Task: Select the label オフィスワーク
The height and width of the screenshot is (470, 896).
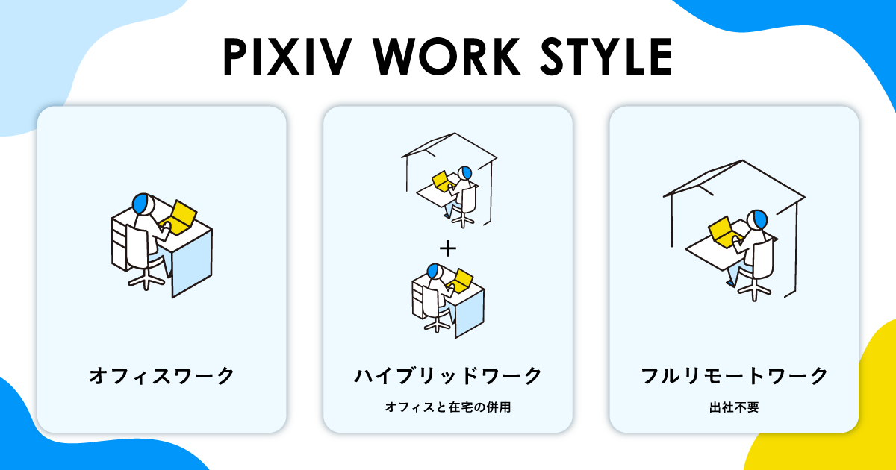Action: coord(161,375)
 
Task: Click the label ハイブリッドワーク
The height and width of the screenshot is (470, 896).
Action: coord(448,375)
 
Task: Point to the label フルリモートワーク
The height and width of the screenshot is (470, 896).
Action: coord(735,375)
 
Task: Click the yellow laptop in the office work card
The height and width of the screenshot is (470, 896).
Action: coord(181,216)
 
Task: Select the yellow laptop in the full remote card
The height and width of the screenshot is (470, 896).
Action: coord(722,230)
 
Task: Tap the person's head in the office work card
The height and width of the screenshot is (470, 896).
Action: coord(143,203)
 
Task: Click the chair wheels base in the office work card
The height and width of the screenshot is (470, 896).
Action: coord(146,279)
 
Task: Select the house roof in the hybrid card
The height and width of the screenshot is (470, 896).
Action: coord(448,145)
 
